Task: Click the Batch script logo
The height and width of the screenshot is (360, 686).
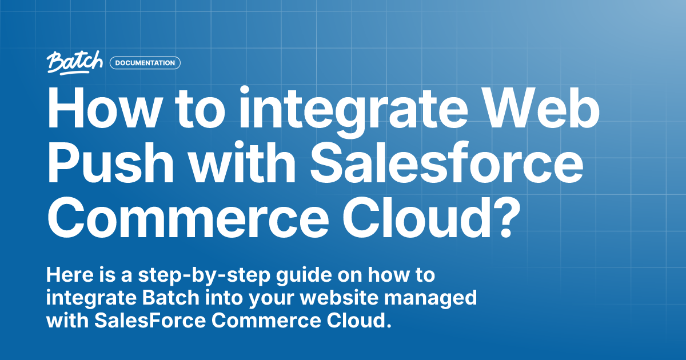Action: click(x=75, y=62)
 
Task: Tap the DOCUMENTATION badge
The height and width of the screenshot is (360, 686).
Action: click(x=145, y=63)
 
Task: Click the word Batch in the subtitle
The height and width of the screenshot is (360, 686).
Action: click(x=145, y=298)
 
